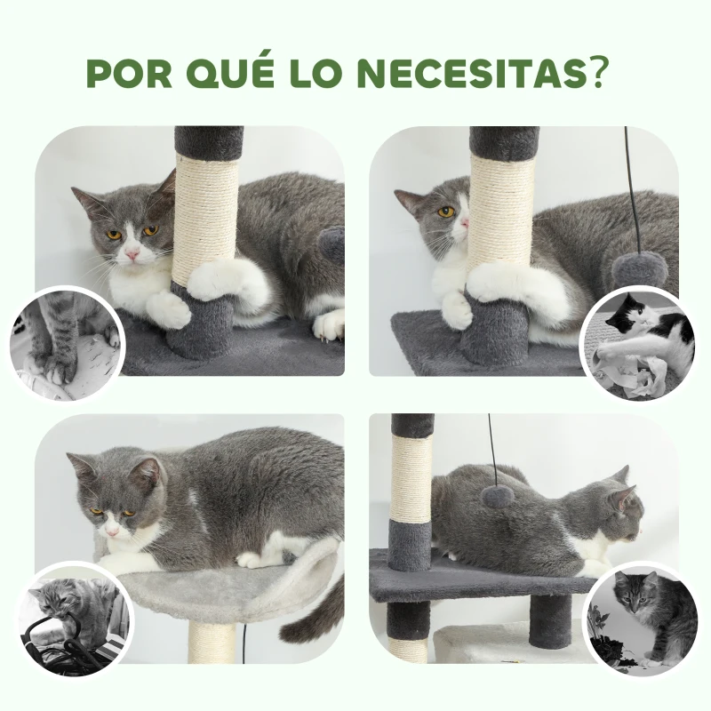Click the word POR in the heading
[126, 74]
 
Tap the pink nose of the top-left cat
[132, 254]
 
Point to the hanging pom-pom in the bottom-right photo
[497, 496]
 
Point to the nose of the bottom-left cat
[112, 531]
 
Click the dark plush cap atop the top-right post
[503, 142]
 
